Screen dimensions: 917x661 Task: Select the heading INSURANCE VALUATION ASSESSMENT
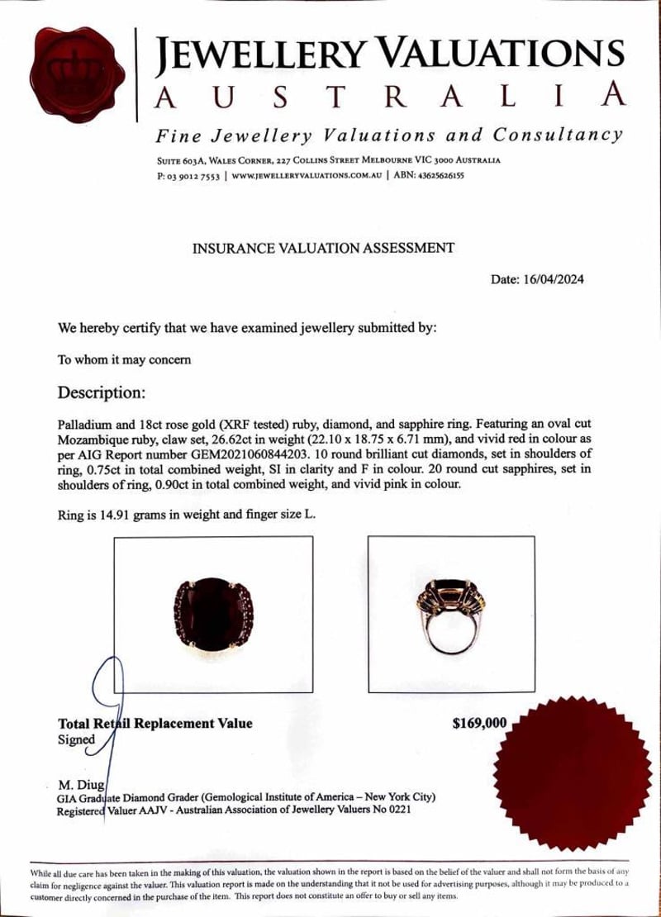323,247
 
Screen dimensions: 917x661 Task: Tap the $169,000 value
479,724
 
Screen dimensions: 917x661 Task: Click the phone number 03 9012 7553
195,175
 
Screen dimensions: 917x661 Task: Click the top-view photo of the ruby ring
212,613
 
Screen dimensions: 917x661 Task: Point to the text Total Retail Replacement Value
155,724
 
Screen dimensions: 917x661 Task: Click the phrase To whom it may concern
123,359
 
